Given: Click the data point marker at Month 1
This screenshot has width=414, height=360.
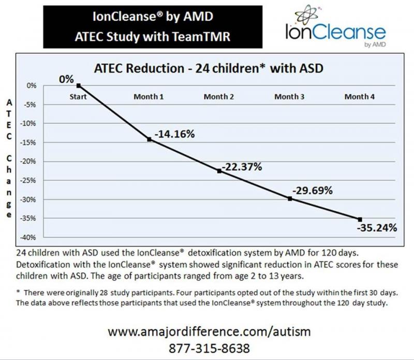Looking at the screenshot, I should tap(150, 139).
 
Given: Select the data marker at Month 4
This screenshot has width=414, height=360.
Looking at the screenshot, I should tap(360, 219).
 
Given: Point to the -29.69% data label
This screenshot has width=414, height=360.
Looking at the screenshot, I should tap(312, 190).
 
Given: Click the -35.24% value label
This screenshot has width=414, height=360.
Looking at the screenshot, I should tap(377, 228).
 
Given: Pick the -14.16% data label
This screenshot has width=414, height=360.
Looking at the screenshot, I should tap(173, 134).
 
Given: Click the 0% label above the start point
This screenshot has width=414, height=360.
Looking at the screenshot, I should tap(66, 79).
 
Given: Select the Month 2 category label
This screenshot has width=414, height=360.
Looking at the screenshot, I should tap(219, 97).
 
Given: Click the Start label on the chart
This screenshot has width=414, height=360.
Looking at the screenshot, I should tap(79, 97).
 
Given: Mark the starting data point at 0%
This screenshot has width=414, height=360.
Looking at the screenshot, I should tap(79, 85).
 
